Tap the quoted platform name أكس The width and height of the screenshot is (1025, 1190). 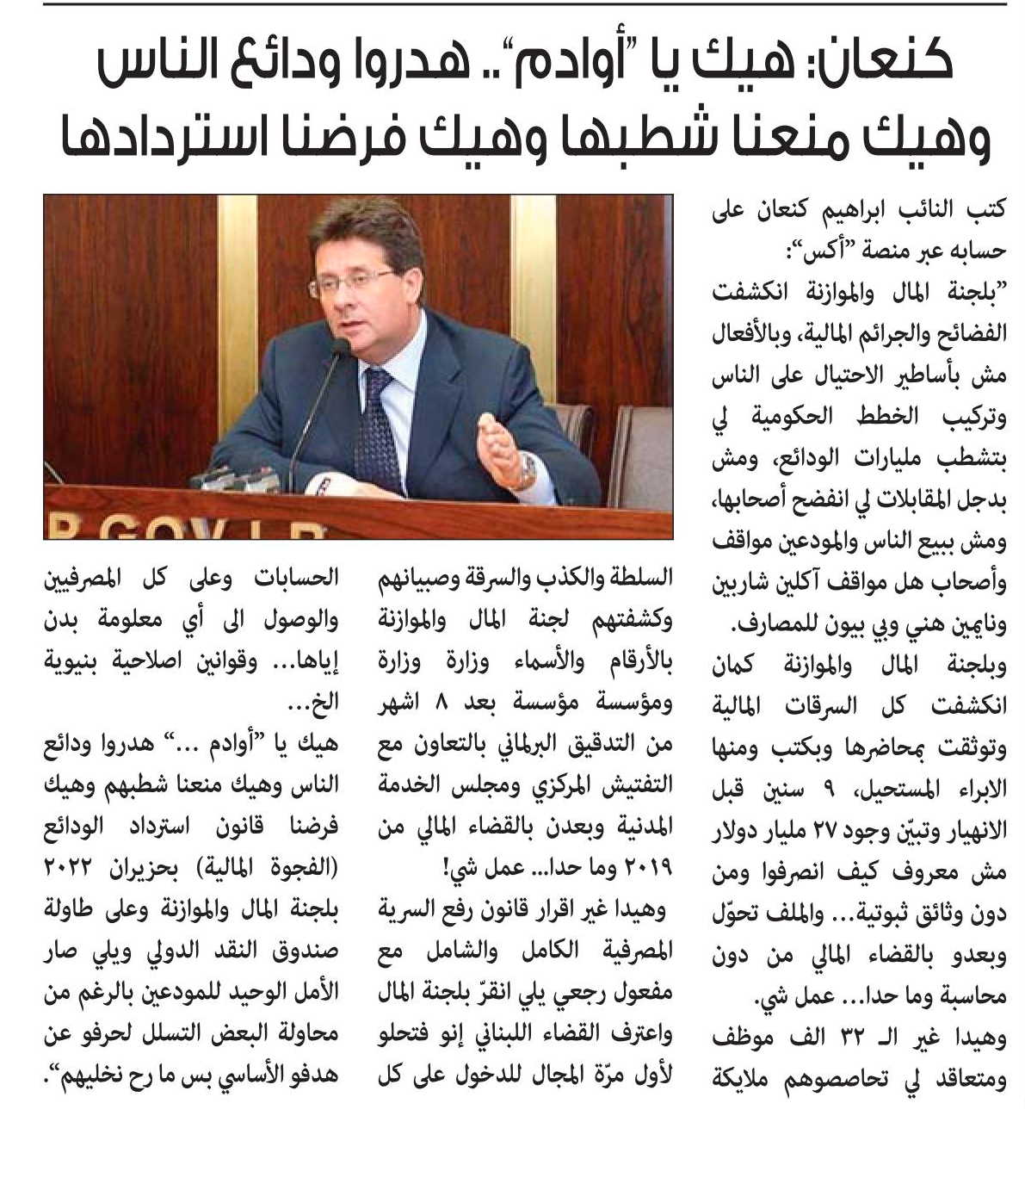[805, 252]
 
